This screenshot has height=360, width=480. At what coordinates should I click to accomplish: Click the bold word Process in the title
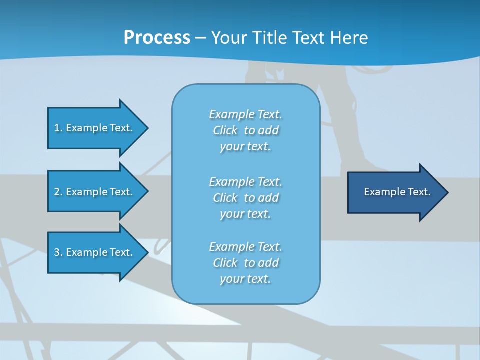[157, 38]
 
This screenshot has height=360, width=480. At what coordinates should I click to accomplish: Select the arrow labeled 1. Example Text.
[95, 128]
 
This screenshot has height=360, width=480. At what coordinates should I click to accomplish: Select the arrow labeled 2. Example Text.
[95, 192]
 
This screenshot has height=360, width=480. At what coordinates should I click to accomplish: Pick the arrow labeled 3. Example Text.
[95, 252]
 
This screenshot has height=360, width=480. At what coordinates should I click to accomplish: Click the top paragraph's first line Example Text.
[245, 114]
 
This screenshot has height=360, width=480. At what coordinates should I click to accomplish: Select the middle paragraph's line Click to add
[245, 198]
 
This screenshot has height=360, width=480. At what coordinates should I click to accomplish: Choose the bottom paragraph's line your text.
[245, 279]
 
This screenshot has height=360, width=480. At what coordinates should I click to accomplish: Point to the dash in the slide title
[200, 38]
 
